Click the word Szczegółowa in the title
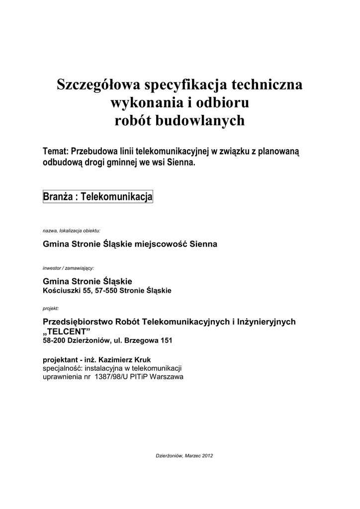tap(98, 85)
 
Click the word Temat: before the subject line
tap(56, 151)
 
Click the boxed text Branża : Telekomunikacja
tap(97, 197)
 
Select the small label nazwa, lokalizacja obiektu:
tap(72, 231)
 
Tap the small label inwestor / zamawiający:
tap(68, 267)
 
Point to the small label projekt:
tap(51, 309)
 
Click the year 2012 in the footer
tap(206, 455)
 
